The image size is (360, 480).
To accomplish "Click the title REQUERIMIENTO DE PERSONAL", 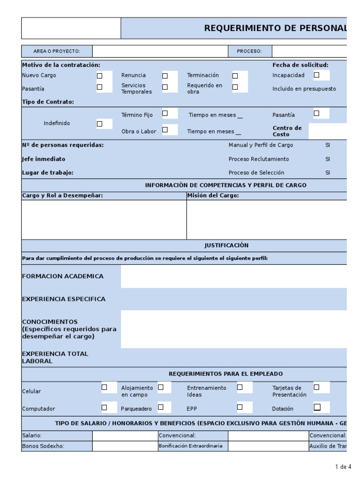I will click(x=276, y=29).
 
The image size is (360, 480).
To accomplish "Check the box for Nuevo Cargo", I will click(x=99, y=75).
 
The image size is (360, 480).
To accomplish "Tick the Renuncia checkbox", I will click(x=165, y=75).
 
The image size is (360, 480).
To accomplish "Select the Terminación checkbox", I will click(x=235, y=75).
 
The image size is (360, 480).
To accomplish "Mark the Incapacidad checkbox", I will click(x=316, y=75).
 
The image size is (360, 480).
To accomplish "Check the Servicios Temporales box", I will click(x=165, y=87).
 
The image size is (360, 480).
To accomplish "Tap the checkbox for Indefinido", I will click(x=99, y=124).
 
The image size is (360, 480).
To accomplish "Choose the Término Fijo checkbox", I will click(x=165, y=113).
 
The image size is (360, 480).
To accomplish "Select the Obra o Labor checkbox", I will click(x=165, y=129).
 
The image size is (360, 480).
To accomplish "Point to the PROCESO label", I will click(x=249, y=52).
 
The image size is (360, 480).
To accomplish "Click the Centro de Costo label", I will click(x=287, y=131).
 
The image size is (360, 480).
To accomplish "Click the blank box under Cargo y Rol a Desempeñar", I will click(x=104, y=219).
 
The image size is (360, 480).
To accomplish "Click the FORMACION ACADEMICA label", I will click(x=63, y=277).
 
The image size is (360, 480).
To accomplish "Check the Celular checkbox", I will click(x=105, y=387).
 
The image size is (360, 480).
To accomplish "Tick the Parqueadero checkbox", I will click(x=161, y=407).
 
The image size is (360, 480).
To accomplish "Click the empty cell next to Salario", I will click(x=125, y=436).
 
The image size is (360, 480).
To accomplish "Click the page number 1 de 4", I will click(x=343, y=467).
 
